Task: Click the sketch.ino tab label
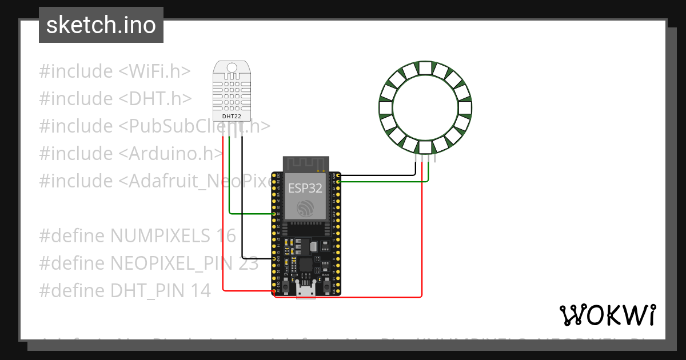click(101, 25)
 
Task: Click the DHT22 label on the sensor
click(231, 116)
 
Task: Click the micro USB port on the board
click(306, 291)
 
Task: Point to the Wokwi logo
click(607, 315)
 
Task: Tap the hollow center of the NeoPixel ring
click(426, 107)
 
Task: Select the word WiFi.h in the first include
click(154, 71)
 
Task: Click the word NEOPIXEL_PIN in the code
click(169, 263)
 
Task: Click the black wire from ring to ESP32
click(377, 175)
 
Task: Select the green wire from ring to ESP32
click(383, 182)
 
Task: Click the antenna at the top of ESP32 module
click(305, 163)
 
